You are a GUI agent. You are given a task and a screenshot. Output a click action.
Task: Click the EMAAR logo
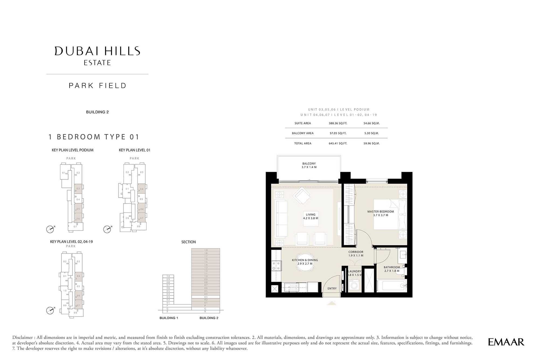(x=506, y=342)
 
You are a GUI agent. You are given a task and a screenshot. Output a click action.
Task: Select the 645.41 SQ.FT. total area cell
(x=338, y=143)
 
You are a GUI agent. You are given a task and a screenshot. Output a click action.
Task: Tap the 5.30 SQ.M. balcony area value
(x=371, y=133)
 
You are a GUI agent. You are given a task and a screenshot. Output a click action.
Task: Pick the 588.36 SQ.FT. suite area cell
(x=338, y=123)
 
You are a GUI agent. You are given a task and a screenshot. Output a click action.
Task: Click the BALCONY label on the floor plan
(x=309, y=164)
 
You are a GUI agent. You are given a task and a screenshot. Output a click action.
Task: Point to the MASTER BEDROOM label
(x=381, y=212)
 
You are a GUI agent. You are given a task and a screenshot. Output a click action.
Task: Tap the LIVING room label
(x=310, y=215)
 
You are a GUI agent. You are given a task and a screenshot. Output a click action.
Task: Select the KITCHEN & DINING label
(x=305, y=260)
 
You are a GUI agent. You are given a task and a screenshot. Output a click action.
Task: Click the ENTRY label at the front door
(x=332, y=289)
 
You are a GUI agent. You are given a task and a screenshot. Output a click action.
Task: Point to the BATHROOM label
(x=392, y=267)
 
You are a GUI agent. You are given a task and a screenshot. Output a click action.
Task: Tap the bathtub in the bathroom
(x=392, y=286)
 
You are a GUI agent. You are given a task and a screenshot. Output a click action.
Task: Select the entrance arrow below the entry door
(x=331, y=303)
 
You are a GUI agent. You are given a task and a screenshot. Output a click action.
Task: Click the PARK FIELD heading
(x=98, y=86)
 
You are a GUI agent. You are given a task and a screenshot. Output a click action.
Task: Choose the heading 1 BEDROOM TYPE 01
(x=94, y=137)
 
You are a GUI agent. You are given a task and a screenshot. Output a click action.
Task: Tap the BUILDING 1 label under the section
(x=169, y=318)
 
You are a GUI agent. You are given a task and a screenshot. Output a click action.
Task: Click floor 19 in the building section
(x=206, y=250)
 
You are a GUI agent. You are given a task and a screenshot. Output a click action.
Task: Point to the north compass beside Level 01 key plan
(x=107, y=229)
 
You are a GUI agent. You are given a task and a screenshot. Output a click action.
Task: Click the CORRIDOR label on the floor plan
(x=356, y=252)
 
